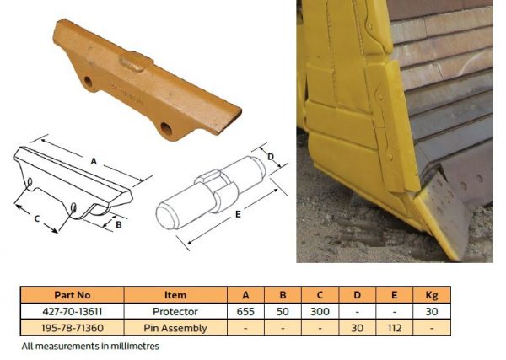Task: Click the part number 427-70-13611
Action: point(72,311)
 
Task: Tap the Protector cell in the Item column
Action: point(175,311)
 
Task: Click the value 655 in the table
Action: point(246,311)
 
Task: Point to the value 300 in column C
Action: point(319,311)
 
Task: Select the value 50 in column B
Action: point(283,311)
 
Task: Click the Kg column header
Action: point(431,295)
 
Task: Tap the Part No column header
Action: point(72,295)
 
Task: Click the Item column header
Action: point(175,295)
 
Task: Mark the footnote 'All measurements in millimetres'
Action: point(90,346)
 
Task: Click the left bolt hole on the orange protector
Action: point(88,82)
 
